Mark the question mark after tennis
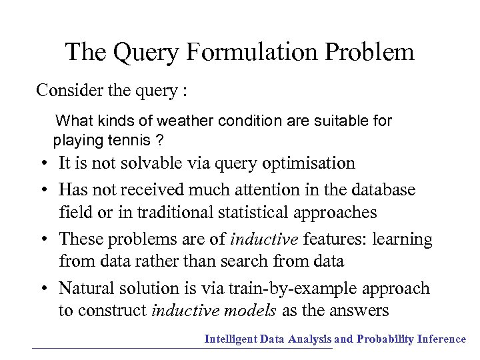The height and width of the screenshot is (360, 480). [x=160, y=141]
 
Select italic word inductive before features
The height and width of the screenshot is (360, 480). [x=265, y=239]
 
